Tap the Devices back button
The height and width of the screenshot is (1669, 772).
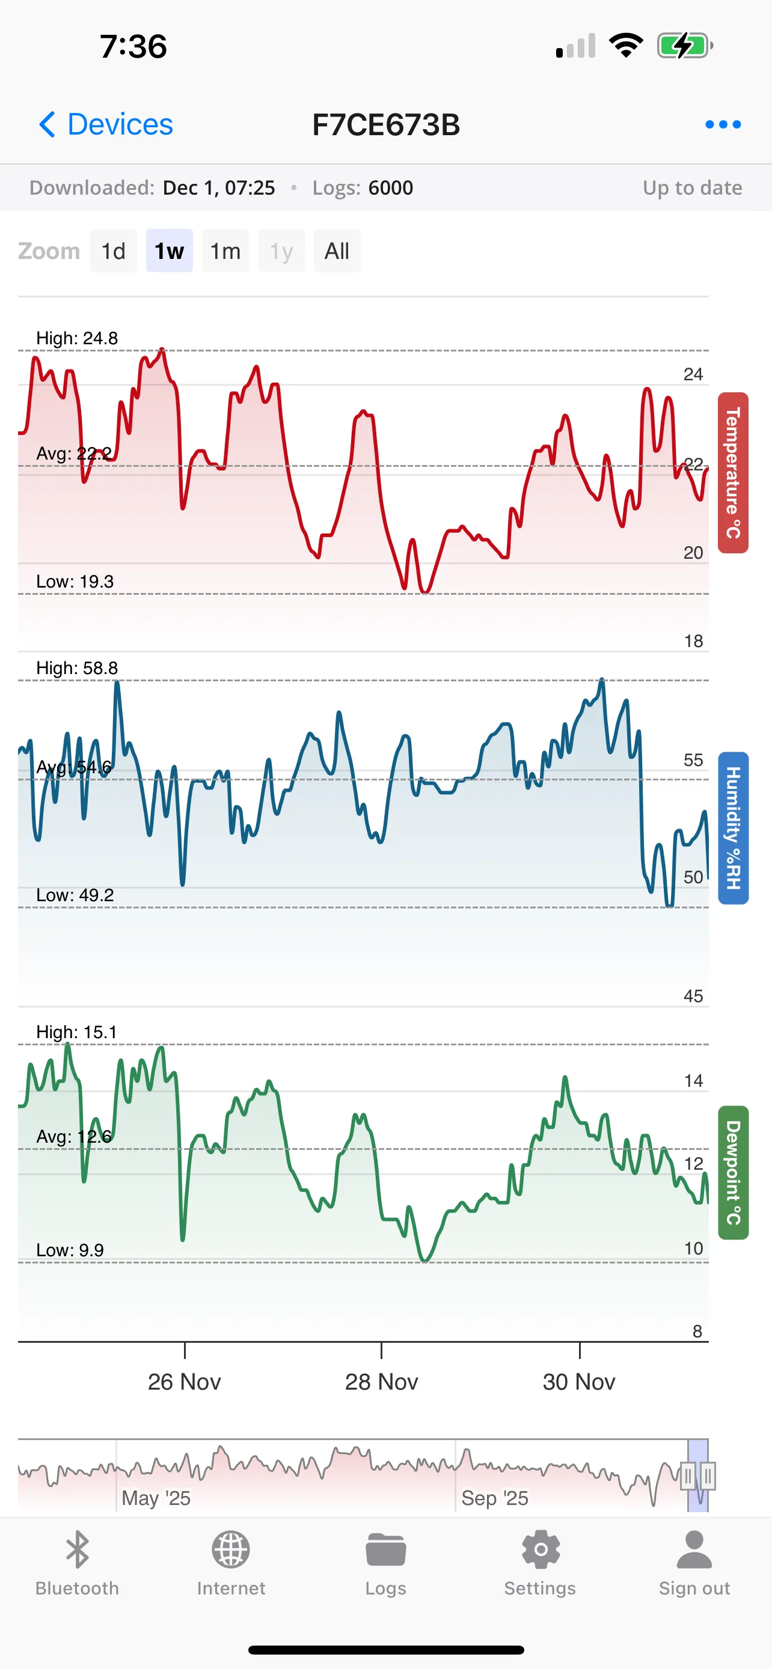click(x=106, y=124)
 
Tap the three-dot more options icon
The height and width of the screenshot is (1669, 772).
click(x=723, y=124)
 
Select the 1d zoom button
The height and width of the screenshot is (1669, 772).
click(x=114, y=251)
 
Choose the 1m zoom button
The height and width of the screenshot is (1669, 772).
click(x=225, y=251)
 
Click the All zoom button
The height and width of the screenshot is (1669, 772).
click(x=337, y=251)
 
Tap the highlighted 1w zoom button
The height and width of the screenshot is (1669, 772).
click(x=169, y=251)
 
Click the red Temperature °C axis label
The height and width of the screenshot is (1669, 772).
click(x=733, y=473)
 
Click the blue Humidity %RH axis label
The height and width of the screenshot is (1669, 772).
click(x=733, y=828)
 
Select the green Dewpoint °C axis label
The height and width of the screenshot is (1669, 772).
click(x=733, y=1173)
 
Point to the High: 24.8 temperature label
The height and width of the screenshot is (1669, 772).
click(x=77, y=338)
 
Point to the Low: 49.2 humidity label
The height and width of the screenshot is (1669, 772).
click(x=75, y=895)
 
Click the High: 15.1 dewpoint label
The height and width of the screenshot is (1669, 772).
click(x=76, y=1032)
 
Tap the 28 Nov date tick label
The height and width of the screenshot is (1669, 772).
click(x=381, y=1382)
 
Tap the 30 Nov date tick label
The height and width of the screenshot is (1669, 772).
click(x=579, y=1382)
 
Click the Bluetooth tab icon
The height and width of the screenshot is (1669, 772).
click(x=77, y=1550)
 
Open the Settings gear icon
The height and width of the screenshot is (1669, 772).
click(x=540, y=1550)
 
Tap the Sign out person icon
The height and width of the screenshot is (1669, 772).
click(x=694, y=1550)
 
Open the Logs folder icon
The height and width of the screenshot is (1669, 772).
click(x=385, y=1550)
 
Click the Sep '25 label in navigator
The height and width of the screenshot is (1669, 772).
click(x=495, y=1498)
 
